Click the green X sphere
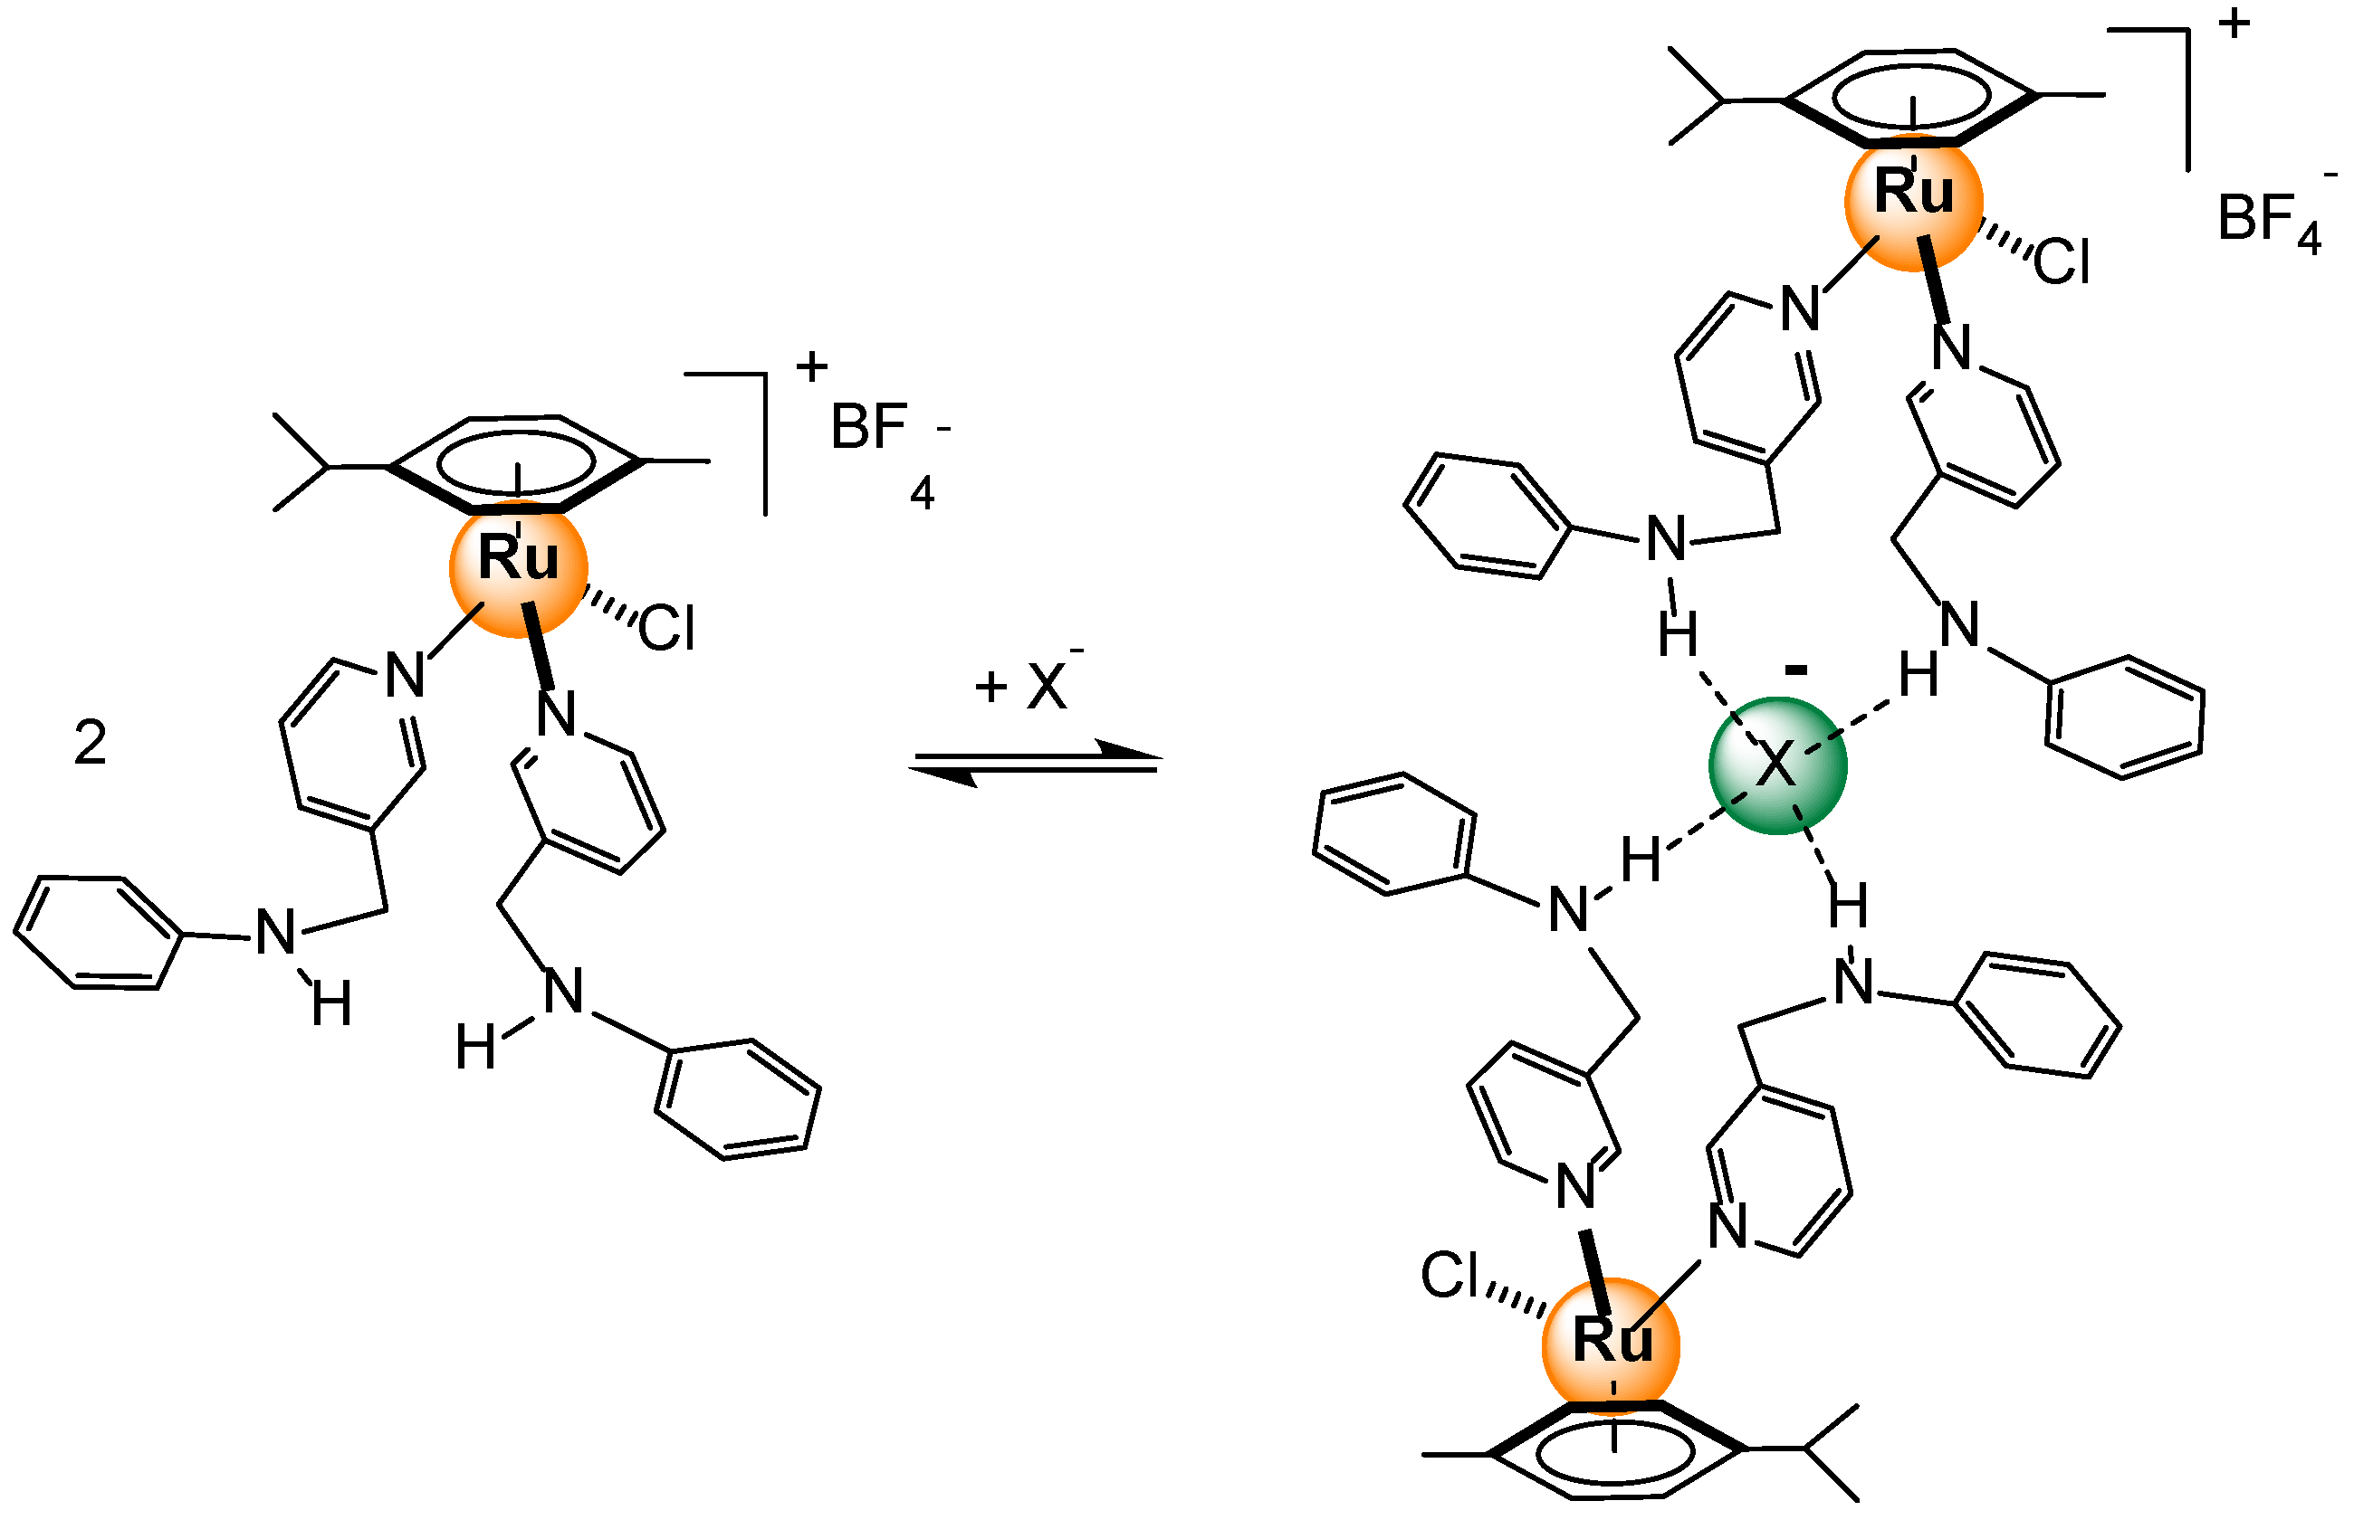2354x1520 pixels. [1776, 765]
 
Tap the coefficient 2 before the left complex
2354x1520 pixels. [90, 742]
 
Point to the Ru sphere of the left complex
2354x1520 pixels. [519, 568]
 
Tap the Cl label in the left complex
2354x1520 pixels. [666, 628]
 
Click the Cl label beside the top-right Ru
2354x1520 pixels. [2061, 262]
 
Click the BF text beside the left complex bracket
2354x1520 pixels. [869, 426]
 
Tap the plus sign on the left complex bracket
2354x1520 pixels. [811, 367]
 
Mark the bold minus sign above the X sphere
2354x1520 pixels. [1796, 671]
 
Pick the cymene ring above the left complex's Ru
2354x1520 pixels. [515, 462]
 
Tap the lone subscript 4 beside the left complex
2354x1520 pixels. [923, 492]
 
